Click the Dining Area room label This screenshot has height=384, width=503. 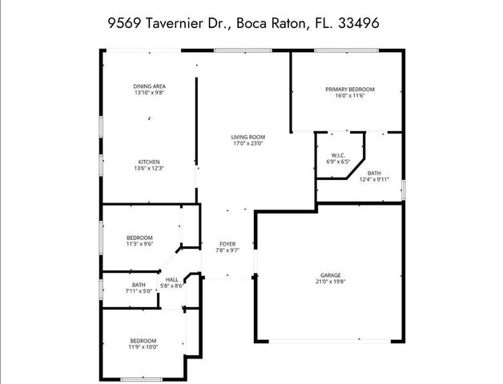(x=149, y=86)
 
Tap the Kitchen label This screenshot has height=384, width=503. (x=148, y=162)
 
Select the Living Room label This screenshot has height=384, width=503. (x=248, y=137)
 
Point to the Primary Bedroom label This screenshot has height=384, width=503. (x=350, y=89)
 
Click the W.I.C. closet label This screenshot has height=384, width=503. (x=339, y=155)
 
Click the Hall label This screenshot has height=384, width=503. (x=172, y=279)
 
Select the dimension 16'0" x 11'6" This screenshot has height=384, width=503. (x=350, y=96)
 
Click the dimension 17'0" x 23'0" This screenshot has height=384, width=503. (x=248, y=144)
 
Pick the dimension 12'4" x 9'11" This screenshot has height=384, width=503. (x=374, y=180)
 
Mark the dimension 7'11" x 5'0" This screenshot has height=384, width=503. (x=139, y=291)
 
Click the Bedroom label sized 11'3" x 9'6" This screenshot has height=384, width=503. (x=139, y=238)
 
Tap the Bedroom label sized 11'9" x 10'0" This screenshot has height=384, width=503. (x=143, y=340)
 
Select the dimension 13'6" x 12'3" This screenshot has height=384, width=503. (x=148, y=169)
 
